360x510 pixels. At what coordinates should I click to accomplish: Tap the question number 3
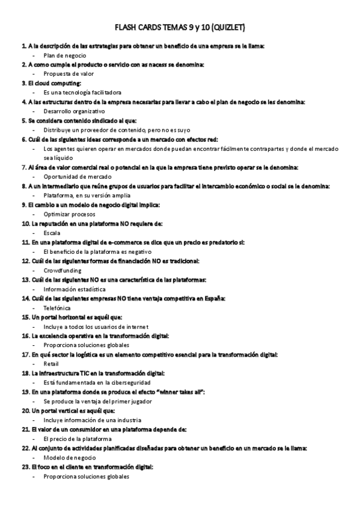point(23,83)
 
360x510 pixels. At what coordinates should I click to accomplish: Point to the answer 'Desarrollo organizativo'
point(75,111)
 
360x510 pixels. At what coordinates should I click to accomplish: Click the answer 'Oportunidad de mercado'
point(78,177)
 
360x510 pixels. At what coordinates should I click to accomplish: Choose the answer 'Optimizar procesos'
point(69,214)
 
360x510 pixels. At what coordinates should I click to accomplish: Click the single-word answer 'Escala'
point(52,233)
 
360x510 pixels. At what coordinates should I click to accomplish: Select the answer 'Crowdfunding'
point(63,271)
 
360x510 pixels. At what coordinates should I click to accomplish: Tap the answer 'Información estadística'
point(75,289)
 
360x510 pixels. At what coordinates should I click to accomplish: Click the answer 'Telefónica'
point(57,308)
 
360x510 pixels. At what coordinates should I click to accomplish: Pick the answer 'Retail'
point(51,364)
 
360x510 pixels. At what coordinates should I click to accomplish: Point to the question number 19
point(25,392)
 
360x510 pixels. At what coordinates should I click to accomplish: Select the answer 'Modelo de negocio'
point(69,458)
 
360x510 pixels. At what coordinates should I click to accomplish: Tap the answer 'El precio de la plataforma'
point(78,439)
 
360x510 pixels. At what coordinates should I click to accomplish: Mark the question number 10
point(25,224)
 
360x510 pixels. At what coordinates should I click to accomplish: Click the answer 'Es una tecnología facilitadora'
point(82,93)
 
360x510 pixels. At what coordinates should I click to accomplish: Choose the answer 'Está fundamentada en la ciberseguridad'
point(97,382)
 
